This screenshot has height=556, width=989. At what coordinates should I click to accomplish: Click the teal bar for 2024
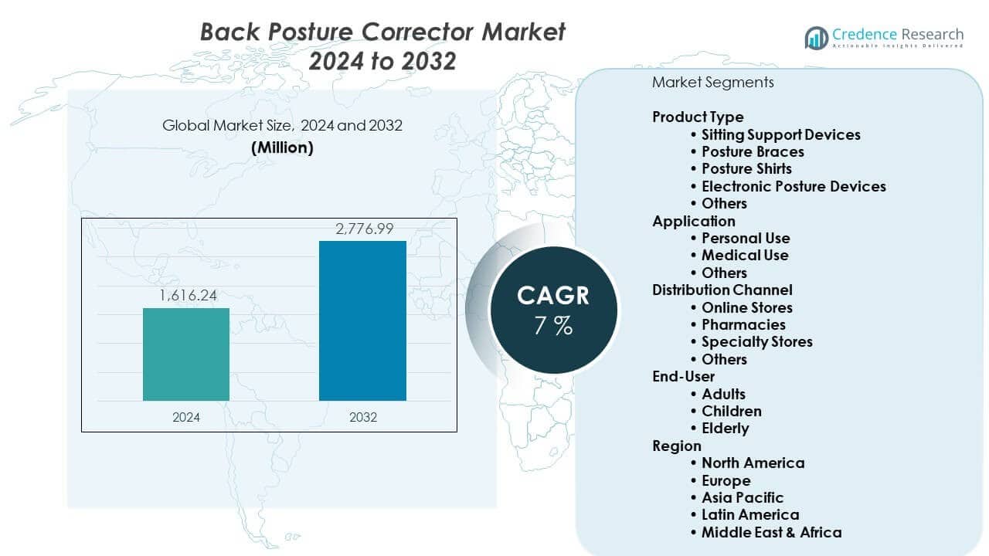[x=186, y=354]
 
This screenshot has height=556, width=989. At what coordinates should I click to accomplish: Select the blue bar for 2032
[x=362, y=320]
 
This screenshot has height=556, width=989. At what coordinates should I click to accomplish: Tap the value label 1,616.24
[x=186, y=296]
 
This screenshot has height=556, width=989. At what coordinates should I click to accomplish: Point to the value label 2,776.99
[x=362, y=229]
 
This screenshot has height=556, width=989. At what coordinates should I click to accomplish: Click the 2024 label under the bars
[x=186, y=417]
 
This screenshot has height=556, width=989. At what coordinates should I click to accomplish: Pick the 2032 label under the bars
[x=362, y=417]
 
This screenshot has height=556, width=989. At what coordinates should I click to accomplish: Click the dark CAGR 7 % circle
[x=553, y=310]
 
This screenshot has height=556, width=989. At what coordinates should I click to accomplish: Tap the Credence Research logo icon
[x=816, y=37]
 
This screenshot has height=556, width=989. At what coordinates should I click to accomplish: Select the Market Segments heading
[x=712, y=82]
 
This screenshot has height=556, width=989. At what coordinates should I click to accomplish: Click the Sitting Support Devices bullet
[x=780, y=134]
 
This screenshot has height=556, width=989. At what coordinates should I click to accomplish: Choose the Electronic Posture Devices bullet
[x=794, y=186]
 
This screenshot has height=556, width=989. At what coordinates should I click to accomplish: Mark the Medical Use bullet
[x=745, y=255]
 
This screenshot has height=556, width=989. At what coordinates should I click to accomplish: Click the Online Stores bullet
[x=746, y=307]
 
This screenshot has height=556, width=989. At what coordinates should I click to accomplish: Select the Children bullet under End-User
[x=731, y=411]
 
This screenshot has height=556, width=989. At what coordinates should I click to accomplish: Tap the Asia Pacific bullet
[x=742, y=497]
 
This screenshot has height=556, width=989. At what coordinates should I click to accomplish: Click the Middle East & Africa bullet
[x=771, y=532]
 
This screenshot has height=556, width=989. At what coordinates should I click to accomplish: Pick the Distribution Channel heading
[x=722, y=290]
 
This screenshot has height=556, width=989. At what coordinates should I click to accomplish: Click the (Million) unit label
[x=282, y=147]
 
